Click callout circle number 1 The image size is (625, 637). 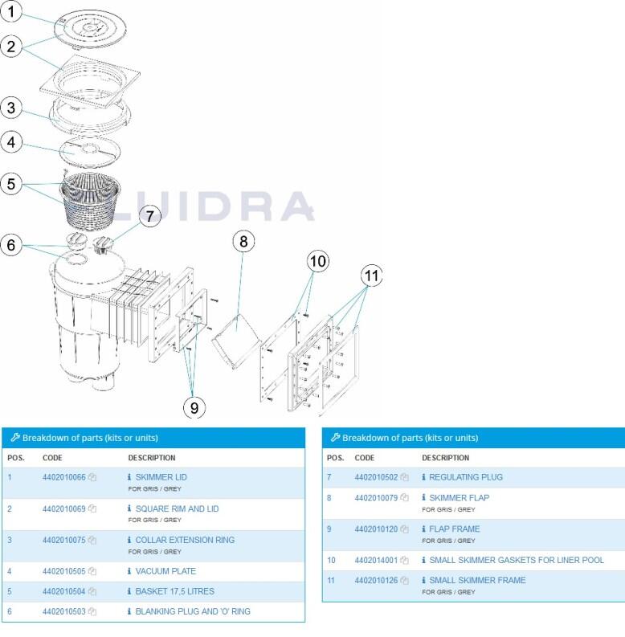click(x=12, y=12)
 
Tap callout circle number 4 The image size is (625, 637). click(x=11, y=143)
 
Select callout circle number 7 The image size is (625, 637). click(x=150, y=215)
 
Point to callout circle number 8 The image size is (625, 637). click(x=244, y=240)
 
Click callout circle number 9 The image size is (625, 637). click(x=194, y=407)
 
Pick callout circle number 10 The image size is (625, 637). click(x=318, y=260)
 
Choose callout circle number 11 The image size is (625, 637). click(x=371, y=276)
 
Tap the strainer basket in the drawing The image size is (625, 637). click(x=91, y=199)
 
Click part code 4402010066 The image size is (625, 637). click(x=63, y=477)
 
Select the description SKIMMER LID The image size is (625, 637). click(x=161, y=477)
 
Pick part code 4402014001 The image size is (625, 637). click(x=376, y=560)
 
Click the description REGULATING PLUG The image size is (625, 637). click(x=465, y=477)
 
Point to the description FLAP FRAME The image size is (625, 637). click(x=454, y=529)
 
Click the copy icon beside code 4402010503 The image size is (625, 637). click(x=92, y=612)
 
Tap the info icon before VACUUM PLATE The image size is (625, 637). click(x=129, y=572)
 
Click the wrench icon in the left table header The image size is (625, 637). click(x=15, y=438)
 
